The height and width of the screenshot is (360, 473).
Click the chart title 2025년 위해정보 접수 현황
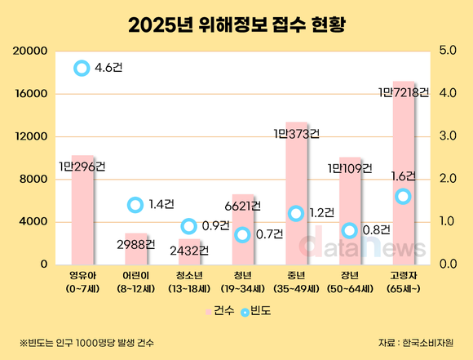pyautogui.click(x=236, y=24)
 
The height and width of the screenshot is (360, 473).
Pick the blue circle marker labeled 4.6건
pyautogui.click(x=81, y=69)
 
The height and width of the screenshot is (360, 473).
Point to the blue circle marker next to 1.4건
pyautogui.click(x=135, y=205)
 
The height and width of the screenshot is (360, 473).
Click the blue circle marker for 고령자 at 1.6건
pyautogui.click(x=403, y=196)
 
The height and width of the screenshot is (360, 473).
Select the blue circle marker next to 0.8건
pyautogui.click(x=350, y=230)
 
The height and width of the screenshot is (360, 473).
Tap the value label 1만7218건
pyautogui.click(x=402, y=92)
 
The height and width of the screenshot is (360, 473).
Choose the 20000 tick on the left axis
pyautogui.click(x=29, y=51)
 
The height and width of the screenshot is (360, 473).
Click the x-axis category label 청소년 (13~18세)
pyautogui.click(x=188, y=282)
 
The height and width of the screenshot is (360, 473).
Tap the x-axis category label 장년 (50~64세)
pyautogui.click(x=349, y=282)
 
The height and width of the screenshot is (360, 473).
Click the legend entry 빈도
pyautogui.click(x=257, y=310)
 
